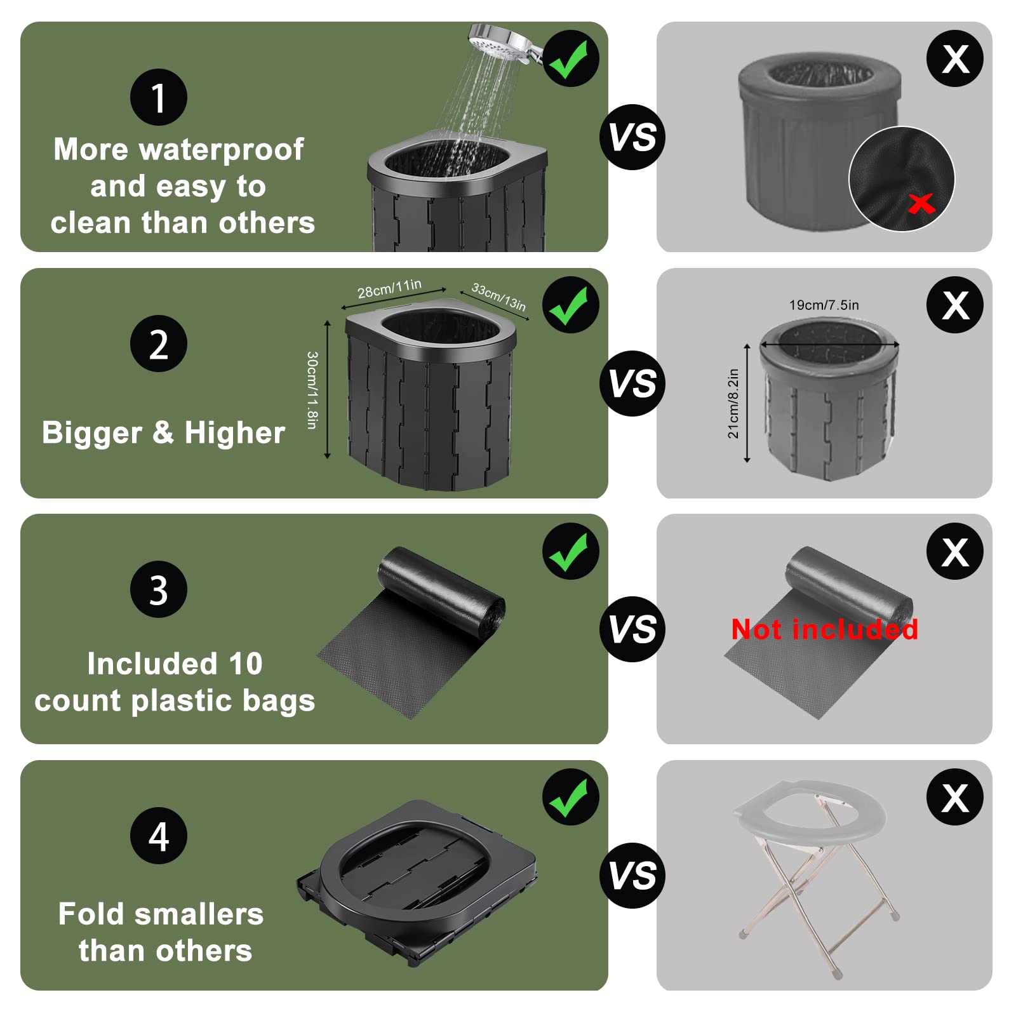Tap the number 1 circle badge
pyautogui.click(x=158, y=97)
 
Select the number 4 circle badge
pyautogui.click(x=158, y=836)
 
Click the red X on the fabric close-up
pyautogui.click(x=921, y=204)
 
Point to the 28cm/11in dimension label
pyautogui.click(x=389, y=289)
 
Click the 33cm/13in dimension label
pyautogui.click(x=498, y=297)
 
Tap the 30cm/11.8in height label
pyautogui.click(x=312, y=390)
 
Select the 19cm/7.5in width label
pyautogui.click(x=824, y=305)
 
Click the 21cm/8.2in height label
pyautogui.click(x=733, y=403)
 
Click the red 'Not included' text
pyautogui.click(x=824, y=629)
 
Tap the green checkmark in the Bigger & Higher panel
pyautogui.click(x=570, y=305)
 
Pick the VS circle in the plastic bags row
pyautogui.click(x=632, y=629)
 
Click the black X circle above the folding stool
pyautogui.click(x=954, y=797)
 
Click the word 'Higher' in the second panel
pyautogui.click(x=234, y=433)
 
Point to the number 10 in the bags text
pyautogui.click(x=245, y=664)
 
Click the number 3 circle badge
pyautogui.click(x=158, y=590)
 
